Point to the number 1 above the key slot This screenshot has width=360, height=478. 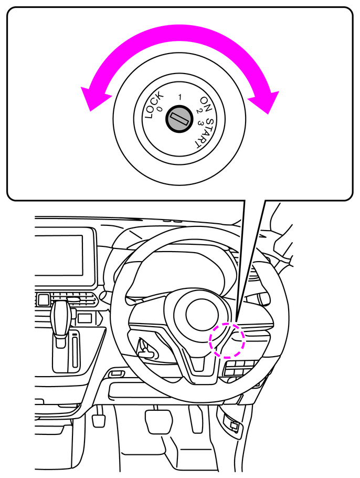point(179,97)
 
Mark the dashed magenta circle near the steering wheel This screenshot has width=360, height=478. point(227,340)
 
